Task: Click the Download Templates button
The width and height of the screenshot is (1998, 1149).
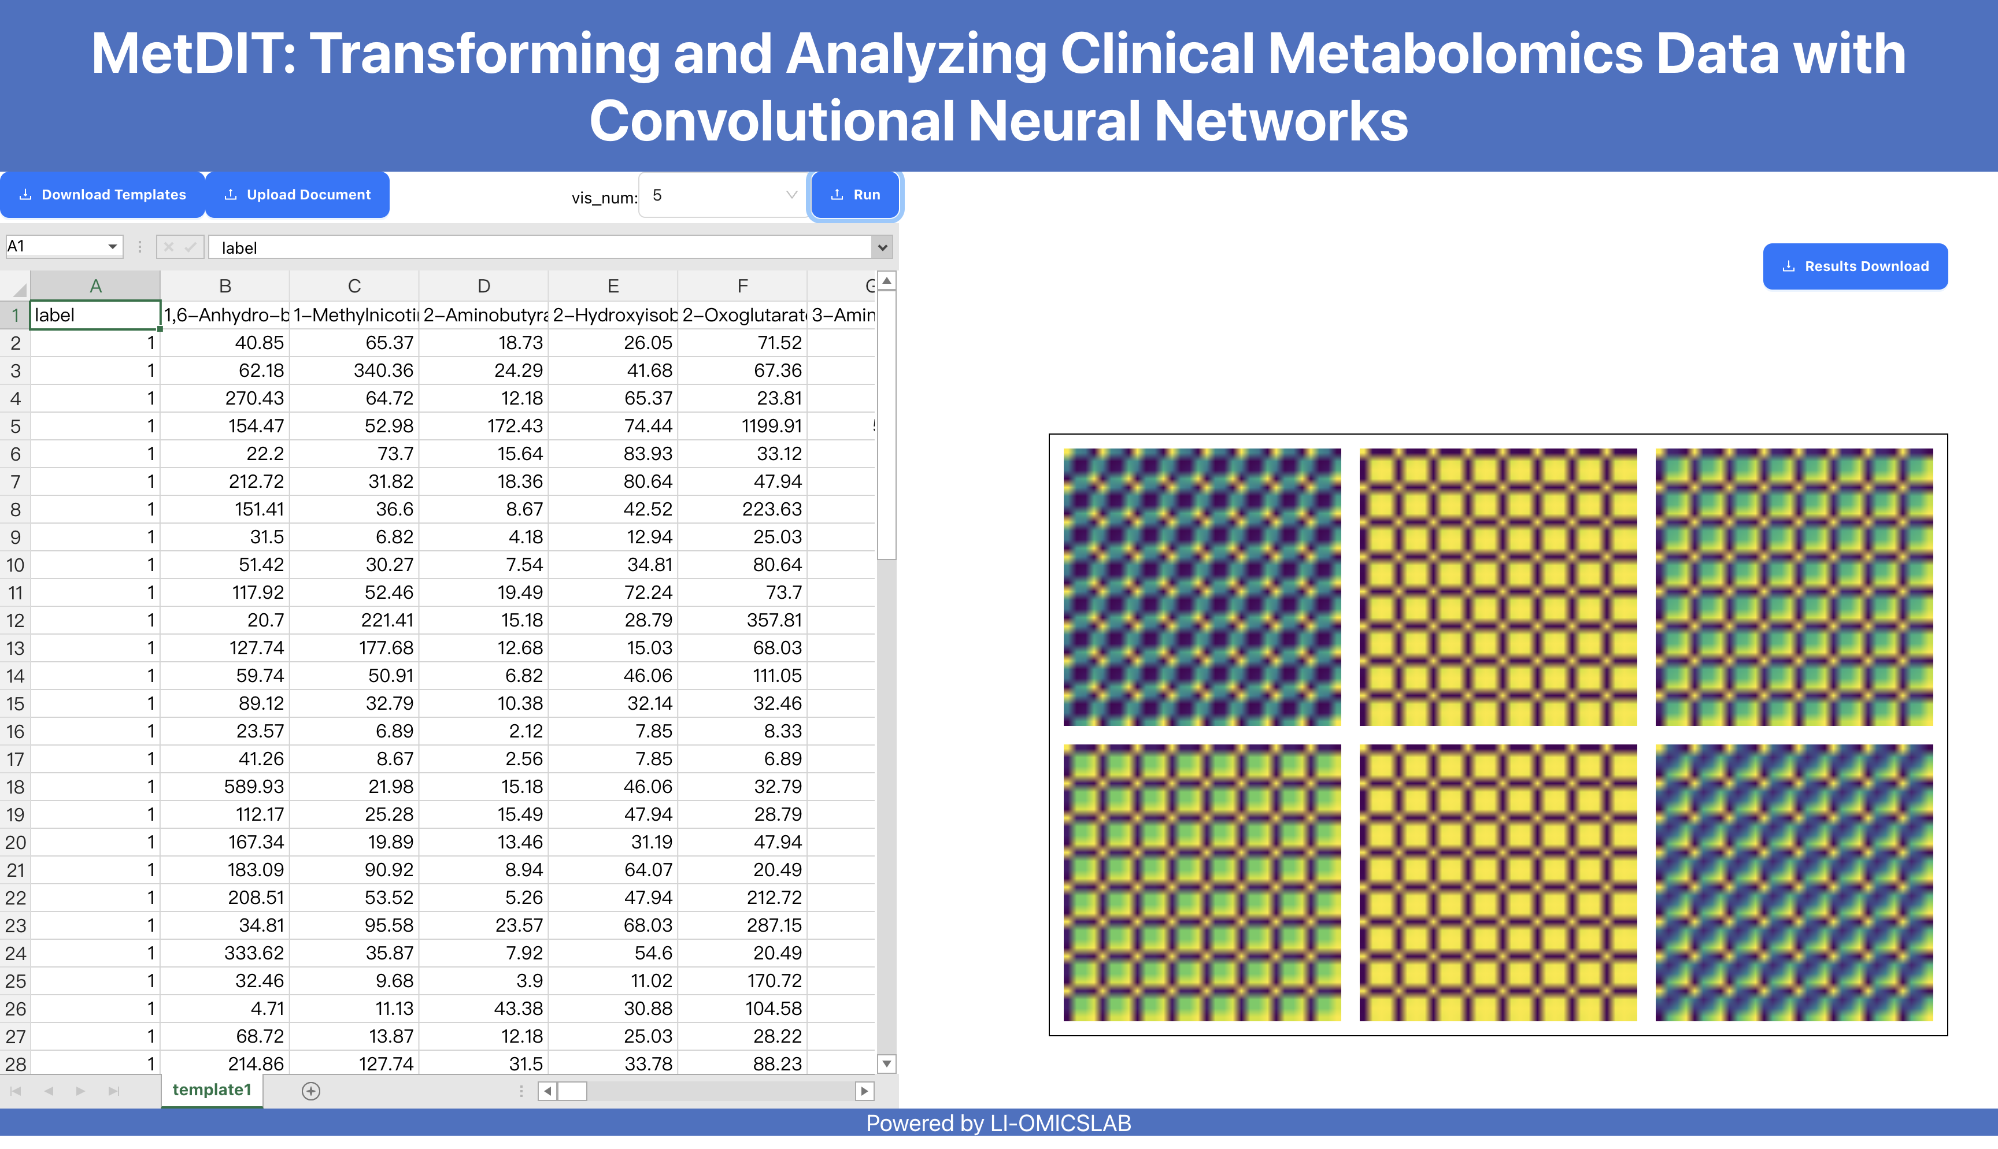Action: (102, 195)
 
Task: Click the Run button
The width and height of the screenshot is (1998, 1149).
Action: (856, 195)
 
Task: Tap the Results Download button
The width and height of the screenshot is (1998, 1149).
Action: (1855, 267)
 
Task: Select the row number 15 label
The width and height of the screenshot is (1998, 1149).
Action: (15, 704)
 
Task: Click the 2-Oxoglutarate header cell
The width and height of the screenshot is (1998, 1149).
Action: (742, 316)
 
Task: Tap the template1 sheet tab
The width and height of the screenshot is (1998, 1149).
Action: (212, 1090)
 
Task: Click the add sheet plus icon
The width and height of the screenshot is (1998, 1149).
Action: (311, 1091)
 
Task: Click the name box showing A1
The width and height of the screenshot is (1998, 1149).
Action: (63, 247)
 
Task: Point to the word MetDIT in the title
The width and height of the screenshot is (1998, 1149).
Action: (193, 54)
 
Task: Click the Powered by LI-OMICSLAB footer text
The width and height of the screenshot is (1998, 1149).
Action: (998, 1123)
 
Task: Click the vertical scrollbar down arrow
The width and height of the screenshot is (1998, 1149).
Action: (887, 1064)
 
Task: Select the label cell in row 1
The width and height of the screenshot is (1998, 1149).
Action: (95, 316)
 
